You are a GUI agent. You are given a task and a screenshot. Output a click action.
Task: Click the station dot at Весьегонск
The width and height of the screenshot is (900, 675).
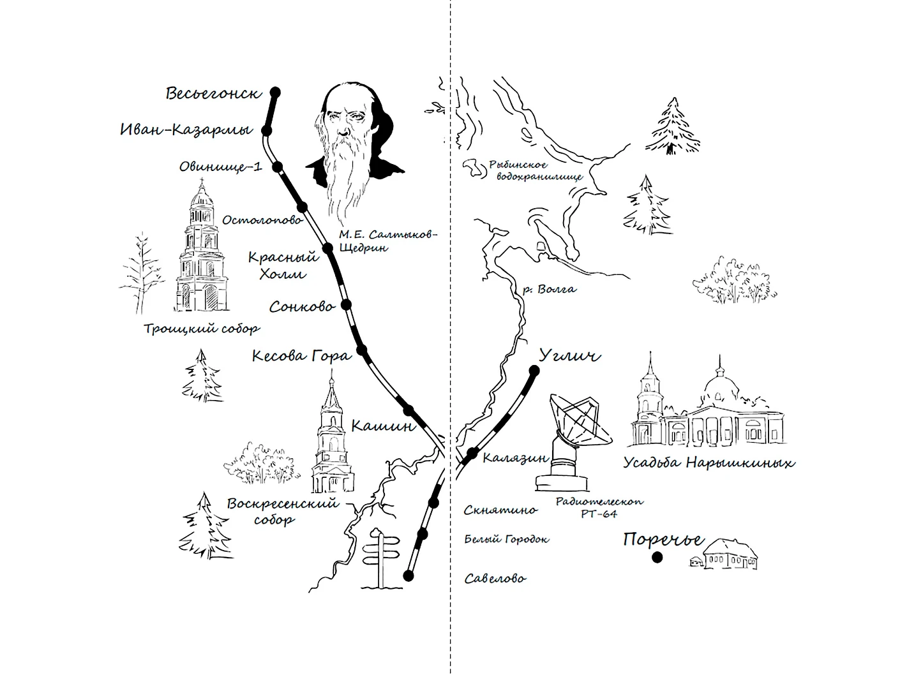tap(276, 93)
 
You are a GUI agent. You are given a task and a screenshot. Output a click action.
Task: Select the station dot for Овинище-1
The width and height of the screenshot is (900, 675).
tap(278, 167)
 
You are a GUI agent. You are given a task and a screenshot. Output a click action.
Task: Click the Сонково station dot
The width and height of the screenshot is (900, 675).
tap(347, 304)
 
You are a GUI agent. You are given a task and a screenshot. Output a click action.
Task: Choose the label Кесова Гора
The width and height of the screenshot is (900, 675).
tap(302, 356)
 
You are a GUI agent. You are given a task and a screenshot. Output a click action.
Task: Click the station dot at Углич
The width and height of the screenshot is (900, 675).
tap(534, 371)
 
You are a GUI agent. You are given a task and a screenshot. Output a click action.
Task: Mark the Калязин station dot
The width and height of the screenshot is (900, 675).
tap(472, 453)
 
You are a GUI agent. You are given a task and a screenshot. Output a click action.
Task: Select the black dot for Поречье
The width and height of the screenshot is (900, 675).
tap(657, 558)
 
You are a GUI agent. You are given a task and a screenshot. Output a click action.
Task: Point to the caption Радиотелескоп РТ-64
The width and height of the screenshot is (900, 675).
tap(600, 507)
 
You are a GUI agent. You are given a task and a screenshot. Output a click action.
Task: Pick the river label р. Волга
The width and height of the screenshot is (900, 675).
tap(550, 290)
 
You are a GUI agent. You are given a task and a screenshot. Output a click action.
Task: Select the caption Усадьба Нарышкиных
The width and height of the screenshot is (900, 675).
tap(709, 463)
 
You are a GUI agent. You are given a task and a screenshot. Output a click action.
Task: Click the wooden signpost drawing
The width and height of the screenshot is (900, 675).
tap(380, 559)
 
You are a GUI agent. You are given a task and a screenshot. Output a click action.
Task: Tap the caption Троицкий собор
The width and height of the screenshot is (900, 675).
tap(202, 329)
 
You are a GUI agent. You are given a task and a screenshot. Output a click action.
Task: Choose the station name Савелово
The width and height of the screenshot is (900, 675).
tap(495, 578)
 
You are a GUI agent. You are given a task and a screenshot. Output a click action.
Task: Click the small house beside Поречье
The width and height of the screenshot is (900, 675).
tap(724, 554)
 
